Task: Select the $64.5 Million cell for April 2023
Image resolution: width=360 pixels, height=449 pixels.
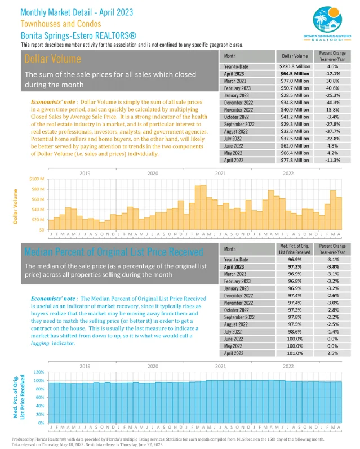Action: tap(295, 74)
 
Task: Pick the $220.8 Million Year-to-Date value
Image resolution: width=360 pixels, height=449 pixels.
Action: tap(295, 66)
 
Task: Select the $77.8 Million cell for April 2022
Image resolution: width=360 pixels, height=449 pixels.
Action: tap(295, 161)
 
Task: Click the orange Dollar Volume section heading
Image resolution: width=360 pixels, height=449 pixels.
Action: tap(45, 59)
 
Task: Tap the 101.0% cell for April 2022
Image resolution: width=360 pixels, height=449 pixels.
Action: tap(295, 353)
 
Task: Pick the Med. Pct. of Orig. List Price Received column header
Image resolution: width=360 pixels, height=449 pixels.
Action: tap(295, 248)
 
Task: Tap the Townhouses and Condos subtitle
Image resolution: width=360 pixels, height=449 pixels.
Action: tap(61, 24)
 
